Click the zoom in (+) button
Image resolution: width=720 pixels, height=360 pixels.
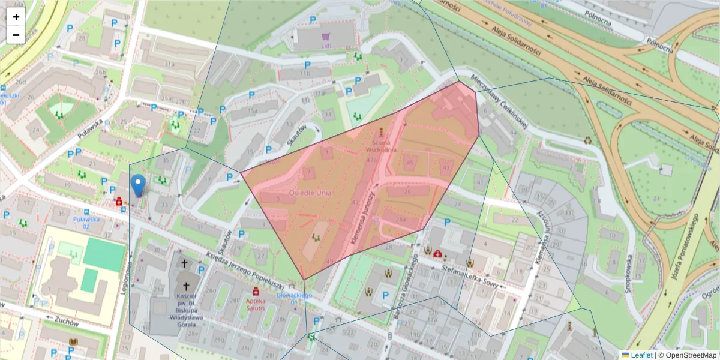point(16,17)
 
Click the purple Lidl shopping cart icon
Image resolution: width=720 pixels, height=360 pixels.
point(326,36)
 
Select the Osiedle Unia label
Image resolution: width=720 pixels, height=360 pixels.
point(310,193)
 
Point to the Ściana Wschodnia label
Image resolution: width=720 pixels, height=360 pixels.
point(384,147)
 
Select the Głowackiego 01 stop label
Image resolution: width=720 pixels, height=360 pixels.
point(295,298)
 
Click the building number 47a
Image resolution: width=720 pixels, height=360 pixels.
point(371,160)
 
